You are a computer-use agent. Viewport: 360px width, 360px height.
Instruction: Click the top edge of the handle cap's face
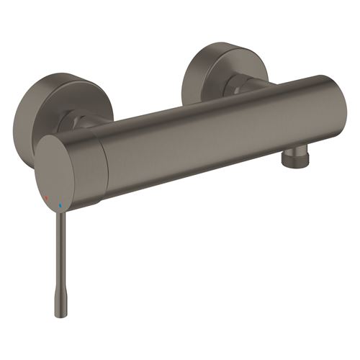coord(54,137)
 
